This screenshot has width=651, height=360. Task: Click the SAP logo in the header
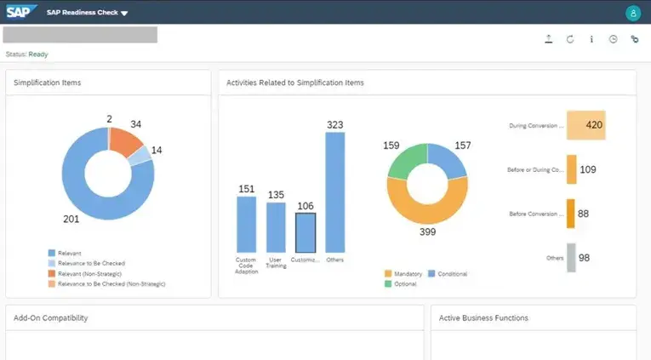tap(20, 12)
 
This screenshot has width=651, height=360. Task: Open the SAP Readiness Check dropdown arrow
tap(124, 14)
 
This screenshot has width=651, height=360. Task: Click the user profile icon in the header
tap(632, 13)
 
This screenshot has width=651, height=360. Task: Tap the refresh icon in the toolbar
tap(569, 39)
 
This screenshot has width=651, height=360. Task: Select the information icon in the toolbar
tap(591, 39)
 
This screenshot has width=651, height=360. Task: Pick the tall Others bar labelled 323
tap(335, 191)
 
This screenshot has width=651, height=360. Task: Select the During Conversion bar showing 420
tap(585, 125)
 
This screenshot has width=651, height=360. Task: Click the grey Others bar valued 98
tap(572, 257)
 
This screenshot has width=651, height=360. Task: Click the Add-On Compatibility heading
tap(51, 318)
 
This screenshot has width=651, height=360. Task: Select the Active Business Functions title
tap(483, 318)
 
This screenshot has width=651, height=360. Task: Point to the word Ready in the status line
tap(38, 54)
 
